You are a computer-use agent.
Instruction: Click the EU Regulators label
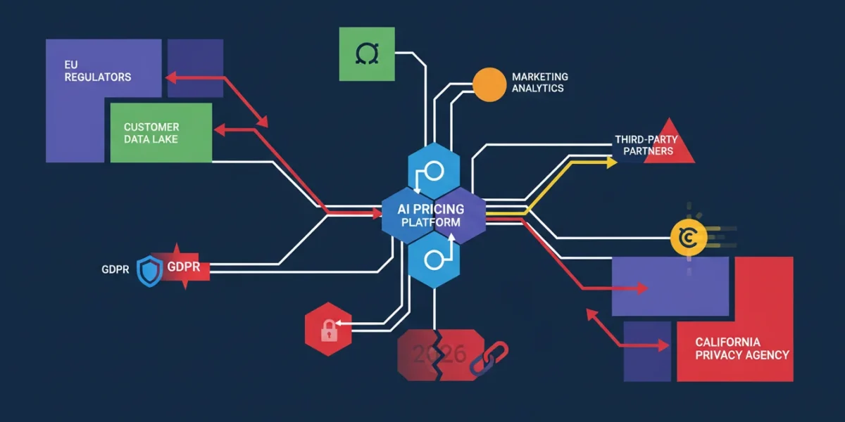[x=98, y=71]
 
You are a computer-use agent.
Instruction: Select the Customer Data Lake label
[x=151, y=133]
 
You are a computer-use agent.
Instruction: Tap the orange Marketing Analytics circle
[x=489, y=84]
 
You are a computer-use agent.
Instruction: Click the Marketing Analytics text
[x=540, y=82]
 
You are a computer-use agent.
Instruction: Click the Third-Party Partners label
[x=646, y=146]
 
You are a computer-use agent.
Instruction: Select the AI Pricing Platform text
[x=431, y=215]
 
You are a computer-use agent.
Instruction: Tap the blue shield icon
[x=149, y=271]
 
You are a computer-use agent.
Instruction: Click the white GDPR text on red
[x=184, y=267]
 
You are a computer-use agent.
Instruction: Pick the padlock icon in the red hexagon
[x=329, y=331]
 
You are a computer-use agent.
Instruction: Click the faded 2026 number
[x=439, y=354]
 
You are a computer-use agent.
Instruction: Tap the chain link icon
[x=489, y=358]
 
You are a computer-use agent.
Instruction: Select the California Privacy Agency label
[x=742, y=349]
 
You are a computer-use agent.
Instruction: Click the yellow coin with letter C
[x=689, y=238]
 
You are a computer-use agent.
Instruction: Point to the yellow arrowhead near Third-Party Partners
[x=611, y=162]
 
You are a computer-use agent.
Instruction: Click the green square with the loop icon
[x=367, y=54]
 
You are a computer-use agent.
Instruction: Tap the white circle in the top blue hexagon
[x=434, y=171]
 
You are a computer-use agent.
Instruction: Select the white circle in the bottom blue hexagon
[x=434, y=260]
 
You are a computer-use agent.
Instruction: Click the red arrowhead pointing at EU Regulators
[x=171, y=77]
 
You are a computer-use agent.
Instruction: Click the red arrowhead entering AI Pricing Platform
[x=377, y=214]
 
